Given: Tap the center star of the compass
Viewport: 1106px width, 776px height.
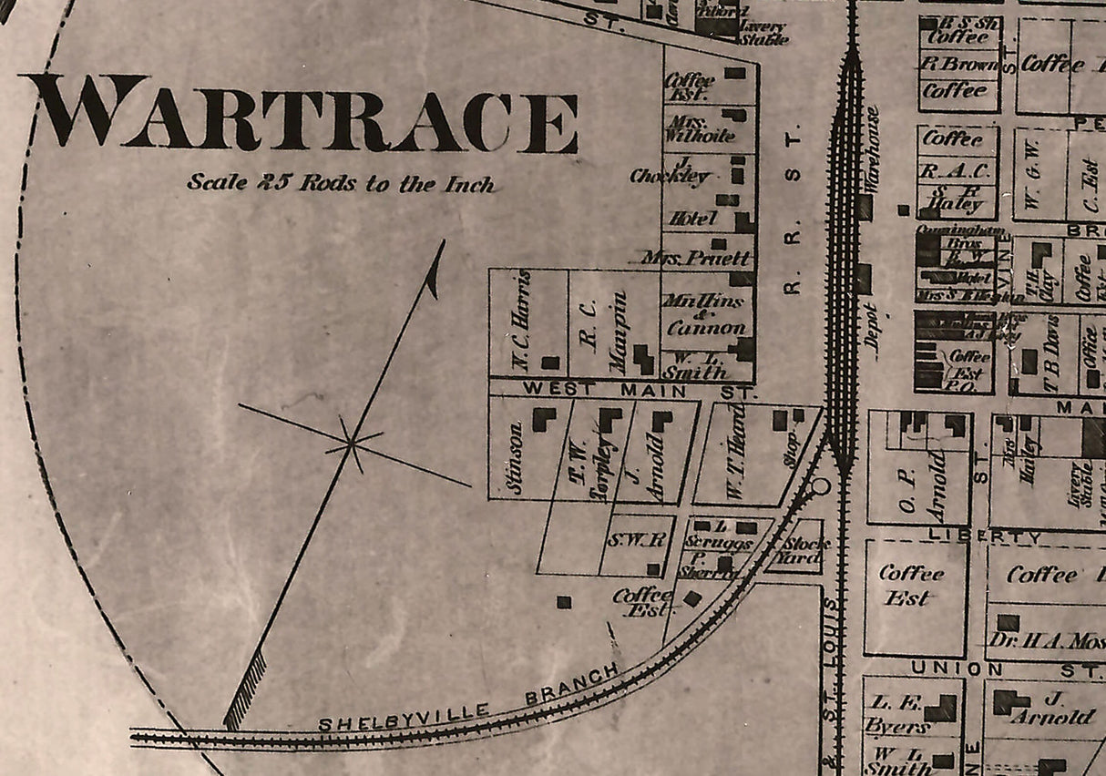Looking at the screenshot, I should pyautogui.click(x=351, y=444).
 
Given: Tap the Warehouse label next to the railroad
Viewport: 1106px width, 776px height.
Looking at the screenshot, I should pyautogui.click(x=872, y=149).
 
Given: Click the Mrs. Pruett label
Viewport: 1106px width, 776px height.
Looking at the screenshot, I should pyautogui.click(x=696, y=259).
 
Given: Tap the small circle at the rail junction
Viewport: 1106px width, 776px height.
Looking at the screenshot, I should pyautogui.click(x=821, y=485).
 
